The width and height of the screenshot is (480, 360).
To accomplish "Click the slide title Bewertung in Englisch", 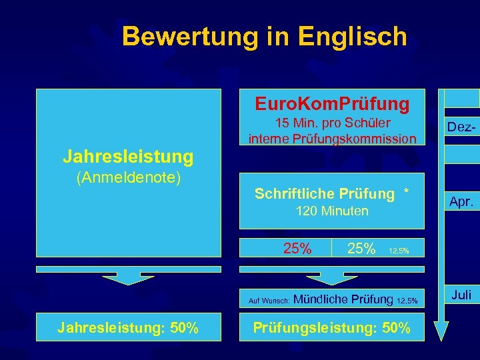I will [264, 36].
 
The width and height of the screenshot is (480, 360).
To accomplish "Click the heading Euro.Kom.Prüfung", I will [331, 104].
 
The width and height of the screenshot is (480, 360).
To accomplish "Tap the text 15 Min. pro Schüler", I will [333, 123].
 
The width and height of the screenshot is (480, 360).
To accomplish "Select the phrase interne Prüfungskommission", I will [332, 139].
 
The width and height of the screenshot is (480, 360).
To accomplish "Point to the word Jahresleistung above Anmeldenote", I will [128, 157].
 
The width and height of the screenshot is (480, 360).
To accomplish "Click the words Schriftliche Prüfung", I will [324, 194].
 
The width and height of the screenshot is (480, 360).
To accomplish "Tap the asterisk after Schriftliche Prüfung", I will [406, 193].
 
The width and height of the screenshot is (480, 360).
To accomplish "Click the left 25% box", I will [297, 249].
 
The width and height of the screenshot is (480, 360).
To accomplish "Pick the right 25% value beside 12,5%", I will [361, 249].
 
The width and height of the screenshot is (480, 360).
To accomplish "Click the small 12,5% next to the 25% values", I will [399, 251].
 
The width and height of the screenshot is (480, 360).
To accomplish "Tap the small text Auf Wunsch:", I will [269, 301].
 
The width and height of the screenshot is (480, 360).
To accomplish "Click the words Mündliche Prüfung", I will [343, 299].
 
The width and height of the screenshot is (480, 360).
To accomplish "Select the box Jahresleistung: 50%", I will [128, 327].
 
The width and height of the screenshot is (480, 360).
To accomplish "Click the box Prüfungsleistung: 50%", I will [331, 327].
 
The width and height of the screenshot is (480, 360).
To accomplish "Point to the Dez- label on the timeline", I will [461, 125].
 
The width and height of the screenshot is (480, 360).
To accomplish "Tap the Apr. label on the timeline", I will [461, 199].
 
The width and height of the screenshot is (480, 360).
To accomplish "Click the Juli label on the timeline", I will [461, 293].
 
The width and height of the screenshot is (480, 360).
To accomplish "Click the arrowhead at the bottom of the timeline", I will [441, 330].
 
